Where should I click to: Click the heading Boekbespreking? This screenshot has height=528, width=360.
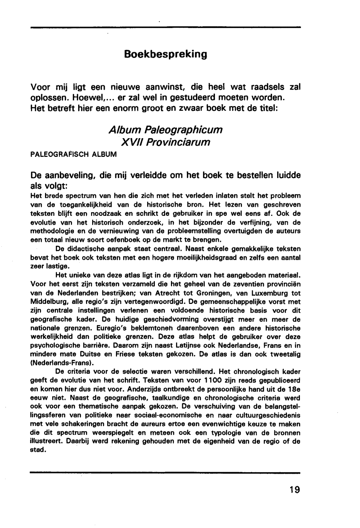point(166,54)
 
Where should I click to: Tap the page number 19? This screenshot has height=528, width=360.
point(294,490)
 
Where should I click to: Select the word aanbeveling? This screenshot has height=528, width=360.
point(71,176)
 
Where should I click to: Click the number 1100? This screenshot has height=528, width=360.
point(208,381)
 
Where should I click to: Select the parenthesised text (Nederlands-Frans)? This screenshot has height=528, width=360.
point(60,363)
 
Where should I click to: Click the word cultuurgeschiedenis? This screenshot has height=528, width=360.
point(270,415)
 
